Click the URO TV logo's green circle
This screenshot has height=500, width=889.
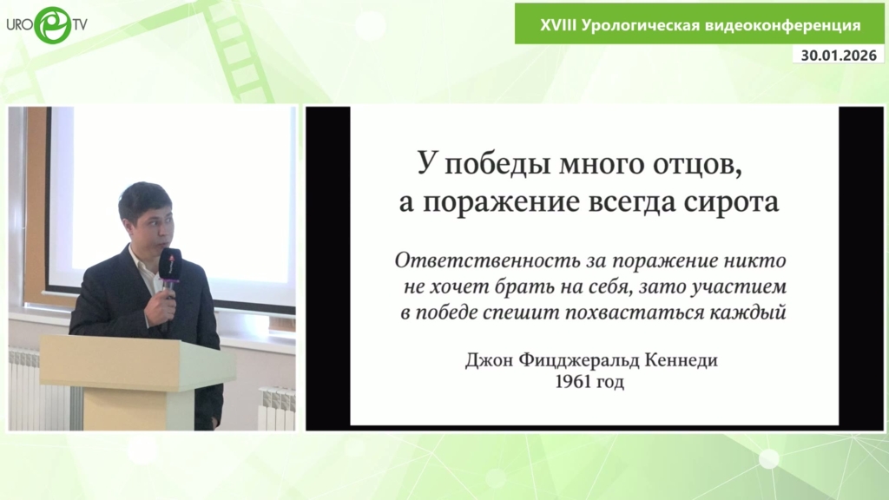(53, 25)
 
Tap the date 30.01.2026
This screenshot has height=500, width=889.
(839, 55)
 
